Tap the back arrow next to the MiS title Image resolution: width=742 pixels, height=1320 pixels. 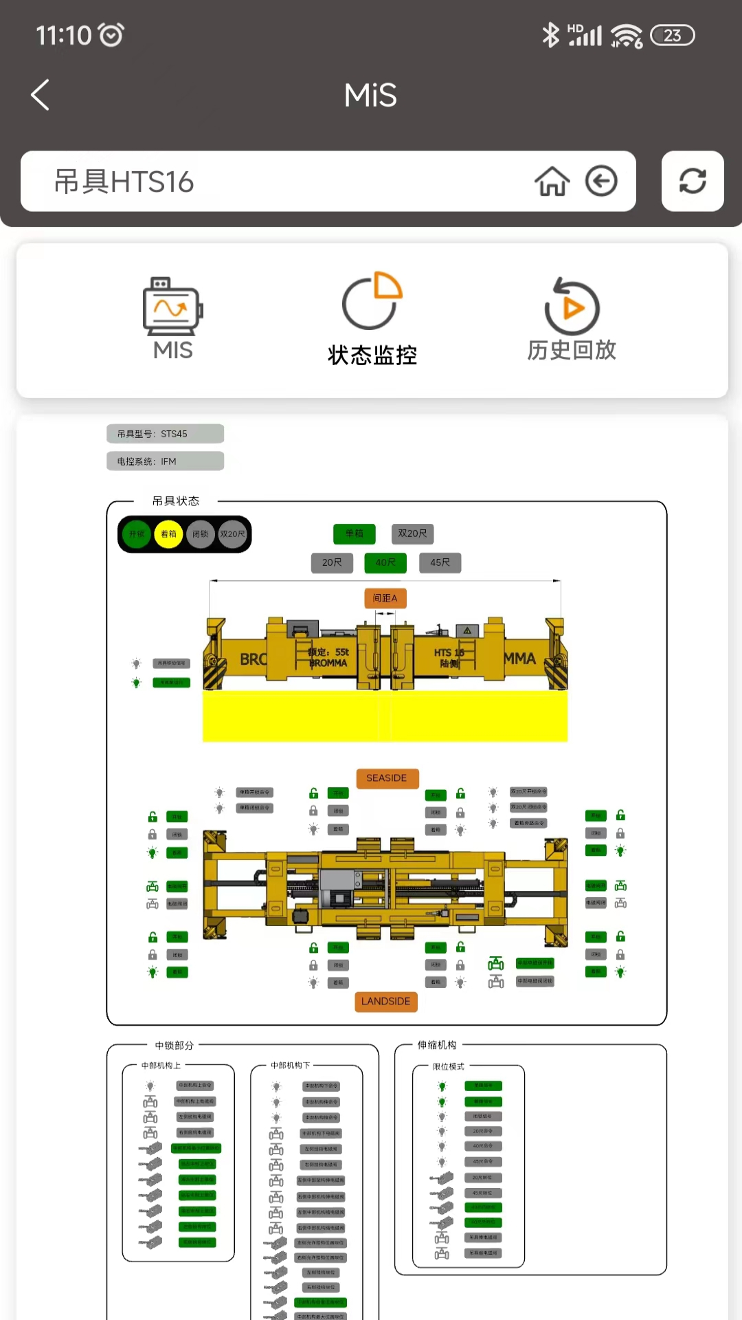pyautogui.click(x=41, y=95)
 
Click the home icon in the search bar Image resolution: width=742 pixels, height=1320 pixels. pyautogui.click(x=552, y=181)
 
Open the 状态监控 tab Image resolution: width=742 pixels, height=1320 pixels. pyautogui.click(x=372, y=318)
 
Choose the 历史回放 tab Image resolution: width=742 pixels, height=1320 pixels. pyautogui.click(x=572, y=318)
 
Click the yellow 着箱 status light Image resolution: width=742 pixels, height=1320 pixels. pyautogui.click(x=168, y=534)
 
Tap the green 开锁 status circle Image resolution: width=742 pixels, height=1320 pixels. pyautogui.click(x=137, y=534)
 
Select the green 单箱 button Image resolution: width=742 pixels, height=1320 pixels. pyautogui.click(x=355, y=533)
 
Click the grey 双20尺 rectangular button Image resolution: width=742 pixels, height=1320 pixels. pyautogui.click(x=412, y=533)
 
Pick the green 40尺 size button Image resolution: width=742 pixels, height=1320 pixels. pyautogui.click(x=385, y=562)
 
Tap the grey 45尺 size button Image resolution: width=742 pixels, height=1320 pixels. pyautogui.click(x=440, y=562)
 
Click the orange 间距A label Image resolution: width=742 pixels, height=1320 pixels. pyautogui.click(x=385, y=598)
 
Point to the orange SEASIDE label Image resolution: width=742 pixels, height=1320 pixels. pyautogui.click(x=386, y=778)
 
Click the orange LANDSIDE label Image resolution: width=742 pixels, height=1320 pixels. pyautogui.click(x=385, y=1002)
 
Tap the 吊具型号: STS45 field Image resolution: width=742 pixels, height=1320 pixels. pyautogui.click(x=165, y=434)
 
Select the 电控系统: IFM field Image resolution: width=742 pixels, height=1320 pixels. pyautogui.click(x=165, y=461)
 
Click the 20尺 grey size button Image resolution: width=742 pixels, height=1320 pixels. pyautogui.click(x=332, y=562)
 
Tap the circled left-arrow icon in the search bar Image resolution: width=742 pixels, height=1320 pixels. pyautogui.click(x=601, y=181)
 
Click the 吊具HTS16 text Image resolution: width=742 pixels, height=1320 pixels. pyautogui.click(x=124, y=182)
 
